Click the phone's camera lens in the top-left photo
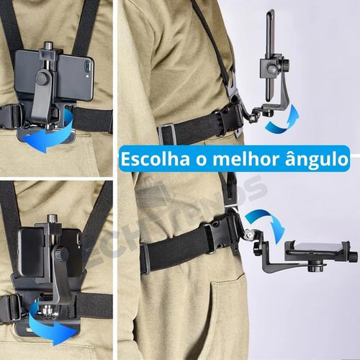[88, 66]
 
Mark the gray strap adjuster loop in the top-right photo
[167, 134]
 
